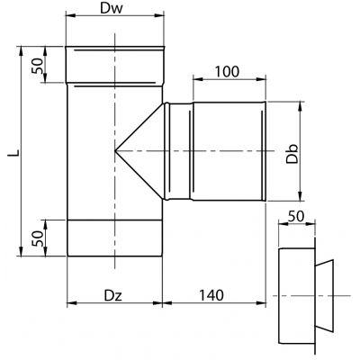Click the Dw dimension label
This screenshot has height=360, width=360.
coord(112,9)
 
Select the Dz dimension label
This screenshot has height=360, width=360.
coord(113,296)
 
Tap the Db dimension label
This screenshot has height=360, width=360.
coord(292,154)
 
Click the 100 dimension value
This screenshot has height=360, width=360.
coord(227,71)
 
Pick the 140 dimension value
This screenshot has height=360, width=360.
coord(211,295)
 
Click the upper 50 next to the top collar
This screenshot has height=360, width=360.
coord(38,66)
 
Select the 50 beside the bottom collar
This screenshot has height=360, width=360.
coord(38,238)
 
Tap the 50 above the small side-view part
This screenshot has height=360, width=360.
coord(296,216)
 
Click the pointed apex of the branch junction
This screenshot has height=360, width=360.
coord(115,151)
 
